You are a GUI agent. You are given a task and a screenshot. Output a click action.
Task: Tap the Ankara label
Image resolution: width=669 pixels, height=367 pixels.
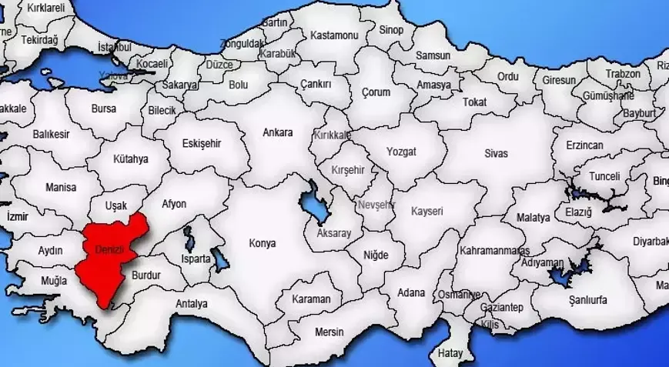[x=277, y=132]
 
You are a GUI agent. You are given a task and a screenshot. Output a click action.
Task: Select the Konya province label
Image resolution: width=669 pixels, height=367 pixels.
[x=262, y=243]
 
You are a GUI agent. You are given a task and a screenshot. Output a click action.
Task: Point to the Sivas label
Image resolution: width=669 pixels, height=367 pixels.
[x=496, y=153]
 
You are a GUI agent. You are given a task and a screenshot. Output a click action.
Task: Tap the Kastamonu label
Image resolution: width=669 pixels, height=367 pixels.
[x=334, y=35]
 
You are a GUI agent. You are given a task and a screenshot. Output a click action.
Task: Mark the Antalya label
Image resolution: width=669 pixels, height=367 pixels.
[x=191, y=304]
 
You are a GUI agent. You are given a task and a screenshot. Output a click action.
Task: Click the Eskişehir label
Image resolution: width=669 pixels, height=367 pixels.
[x=202, y=143]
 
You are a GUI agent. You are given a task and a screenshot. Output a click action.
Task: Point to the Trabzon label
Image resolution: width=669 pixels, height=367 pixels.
[x=622, y=74]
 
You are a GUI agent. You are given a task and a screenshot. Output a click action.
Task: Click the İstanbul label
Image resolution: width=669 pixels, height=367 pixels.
[x=115, y=47]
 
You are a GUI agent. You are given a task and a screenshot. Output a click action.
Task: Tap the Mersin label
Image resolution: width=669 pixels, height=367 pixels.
[x=329, y=332]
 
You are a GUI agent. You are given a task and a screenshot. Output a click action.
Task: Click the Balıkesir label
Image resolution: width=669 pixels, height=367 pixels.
[x=51, y=134]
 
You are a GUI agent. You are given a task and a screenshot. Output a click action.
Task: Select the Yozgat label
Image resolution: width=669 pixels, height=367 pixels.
[x=401, y=152]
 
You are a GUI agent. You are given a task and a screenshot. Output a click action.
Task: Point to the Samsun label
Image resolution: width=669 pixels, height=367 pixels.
[x=433, y=55]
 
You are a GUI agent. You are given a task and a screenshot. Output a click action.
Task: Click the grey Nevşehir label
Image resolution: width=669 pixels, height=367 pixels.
[x=376, y=205]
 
